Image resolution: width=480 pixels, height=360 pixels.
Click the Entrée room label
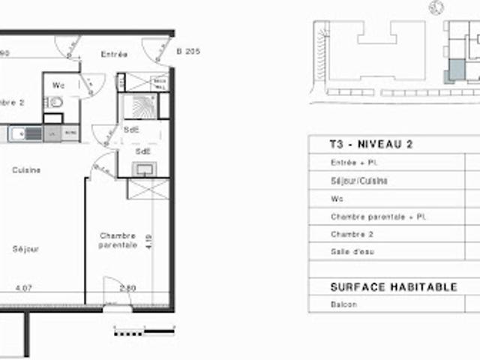pyautogui.click(x=113, y=54)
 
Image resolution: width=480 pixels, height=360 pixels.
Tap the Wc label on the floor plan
pyautogui.click(x=58, y=85)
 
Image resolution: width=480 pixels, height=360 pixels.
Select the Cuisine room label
pyautogui.click(x=26, y=170)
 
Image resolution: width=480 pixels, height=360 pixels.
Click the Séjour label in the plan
pyautogui.click(x=25, y=249)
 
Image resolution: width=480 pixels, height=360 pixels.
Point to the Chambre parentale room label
pyautogui.click(x=118, y=240)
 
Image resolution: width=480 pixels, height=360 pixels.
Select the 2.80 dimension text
pyautogui.click(x=127, y=287)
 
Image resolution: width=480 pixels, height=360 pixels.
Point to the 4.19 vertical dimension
pyautogui.click(x=149, y=241)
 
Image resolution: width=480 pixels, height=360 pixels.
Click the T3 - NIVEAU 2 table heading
pyautogui.click(x=371, y=145)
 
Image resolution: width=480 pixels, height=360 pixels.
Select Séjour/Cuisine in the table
pyautogui.click(x=359, y=181)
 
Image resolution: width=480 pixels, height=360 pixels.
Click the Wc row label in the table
pyautogui.click(x=336, y=199)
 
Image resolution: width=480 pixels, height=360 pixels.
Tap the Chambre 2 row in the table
pyautogui.click(x=352, y=234)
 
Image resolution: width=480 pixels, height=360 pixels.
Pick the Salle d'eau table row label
pyautogui.click(x=352, y=252)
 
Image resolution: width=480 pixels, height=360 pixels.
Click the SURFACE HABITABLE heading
pyautogui.click(x=394, y=287)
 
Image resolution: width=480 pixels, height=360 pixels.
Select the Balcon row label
pyautogui.click(x=343, y=305)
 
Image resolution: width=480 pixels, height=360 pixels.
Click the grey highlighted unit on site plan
pyautogui.click(x=455, y=72)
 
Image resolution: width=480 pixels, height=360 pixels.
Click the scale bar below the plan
pyautogui.click(x=144, y=328)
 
